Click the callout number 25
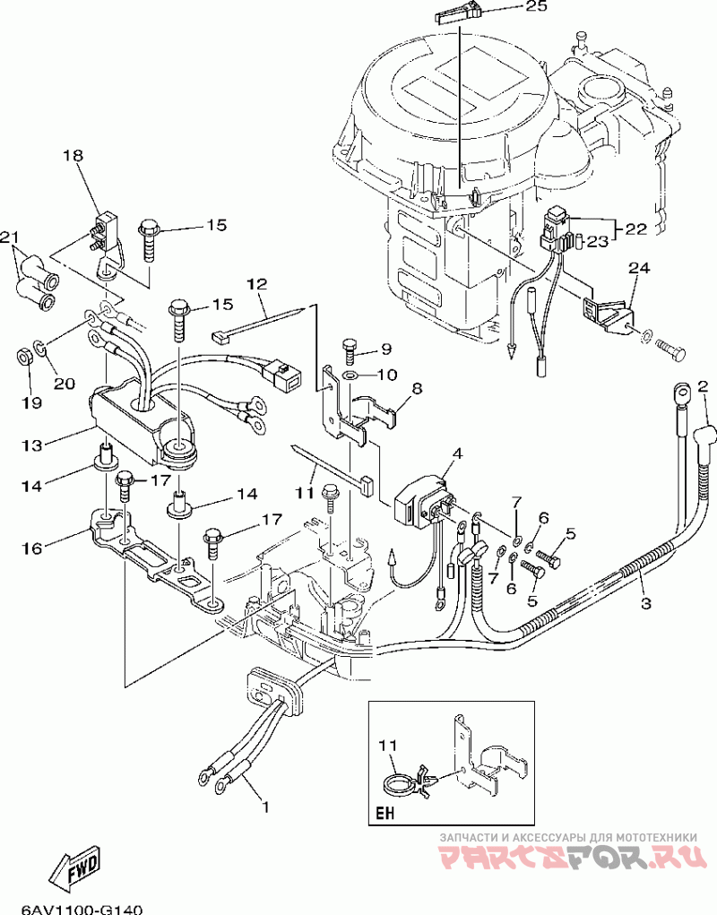[x=536, y=6]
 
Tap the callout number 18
[x=73, y=156]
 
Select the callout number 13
[x=32, y=445]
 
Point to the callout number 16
[x=31, y=548]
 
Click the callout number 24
[x=639, y=269]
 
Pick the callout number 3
[x=646, y=603]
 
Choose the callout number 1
[x=265, y=807]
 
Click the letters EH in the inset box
[x=385, y=813]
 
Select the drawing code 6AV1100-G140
[x=82, y=909]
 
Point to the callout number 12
[x=256, y=284]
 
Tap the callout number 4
[x=457, y=453]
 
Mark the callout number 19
[x=32, y=402]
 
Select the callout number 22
[x=636, y=229]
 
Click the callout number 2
[x=703, y=385]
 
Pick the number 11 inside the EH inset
[x=388, y=747]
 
